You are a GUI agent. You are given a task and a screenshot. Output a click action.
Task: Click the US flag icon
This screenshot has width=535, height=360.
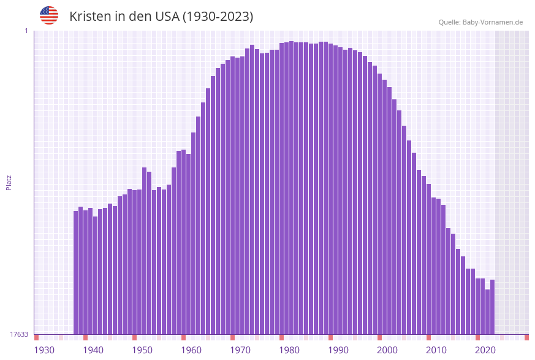(49, 15)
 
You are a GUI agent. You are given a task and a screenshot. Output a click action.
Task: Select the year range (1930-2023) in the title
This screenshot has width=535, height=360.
(218, 17)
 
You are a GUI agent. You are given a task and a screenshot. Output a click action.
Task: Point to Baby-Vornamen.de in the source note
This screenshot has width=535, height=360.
(493, 22)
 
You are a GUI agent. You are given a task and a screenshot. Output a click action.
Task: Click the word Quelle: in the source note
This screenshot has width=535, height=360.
(449, 22)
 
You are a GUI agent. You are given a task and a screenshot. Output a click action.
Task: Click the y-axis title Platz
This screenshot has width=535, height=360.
(9, 182)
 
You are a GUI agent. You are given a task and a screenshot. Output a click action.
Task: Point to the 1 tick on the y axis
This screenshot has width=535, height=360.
(26, 31)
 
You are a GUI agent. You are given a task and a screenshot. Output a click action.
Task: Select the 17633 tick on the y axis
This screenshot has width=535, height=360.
(19, 334)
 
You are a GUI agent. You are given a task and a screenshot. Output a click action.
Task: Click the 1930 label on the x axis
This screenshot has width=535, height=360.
(44, 350)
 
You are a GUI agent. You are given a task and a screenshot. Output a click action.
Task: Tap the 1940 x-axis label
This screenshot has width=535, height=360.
(93, 350)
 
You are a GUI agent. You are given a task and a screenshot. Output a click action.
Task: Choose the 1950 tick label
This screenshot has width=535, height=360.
(142, 350)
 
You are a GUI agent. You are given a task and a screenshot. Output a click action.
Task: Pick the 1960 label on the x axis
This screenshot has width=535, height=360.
(191, 350)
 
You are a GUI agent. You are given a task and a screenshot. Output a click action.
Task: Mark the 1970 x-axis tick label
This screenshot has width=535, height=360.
(240, 350)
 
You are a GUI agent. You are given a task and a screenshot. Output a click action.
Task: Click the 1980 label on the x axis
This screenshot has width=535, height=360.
(289, 350)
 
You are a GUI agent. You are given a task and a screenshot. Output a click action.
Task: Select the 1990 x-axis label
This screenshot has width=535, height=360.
(338, 350)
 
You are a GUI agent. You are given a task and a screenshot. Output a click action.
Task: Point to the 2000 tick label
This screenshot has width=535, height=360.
(387, 350)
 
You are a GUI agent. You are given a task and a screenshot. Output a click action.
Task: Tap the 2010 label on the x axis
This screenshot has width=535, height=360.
(436, 350)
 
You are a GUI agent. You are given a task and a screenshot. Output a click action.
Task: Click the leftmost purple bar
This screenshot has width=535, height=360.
(76, 273)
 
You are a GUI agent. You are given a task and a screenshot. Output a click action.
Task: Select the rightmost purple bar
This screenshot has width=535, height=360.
(492, 307)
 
